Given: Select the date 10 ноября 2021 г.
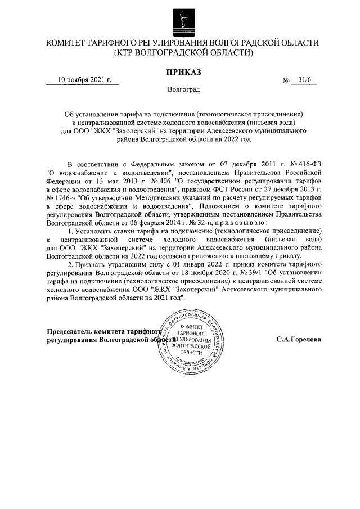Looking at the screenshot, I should (85, 80).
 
